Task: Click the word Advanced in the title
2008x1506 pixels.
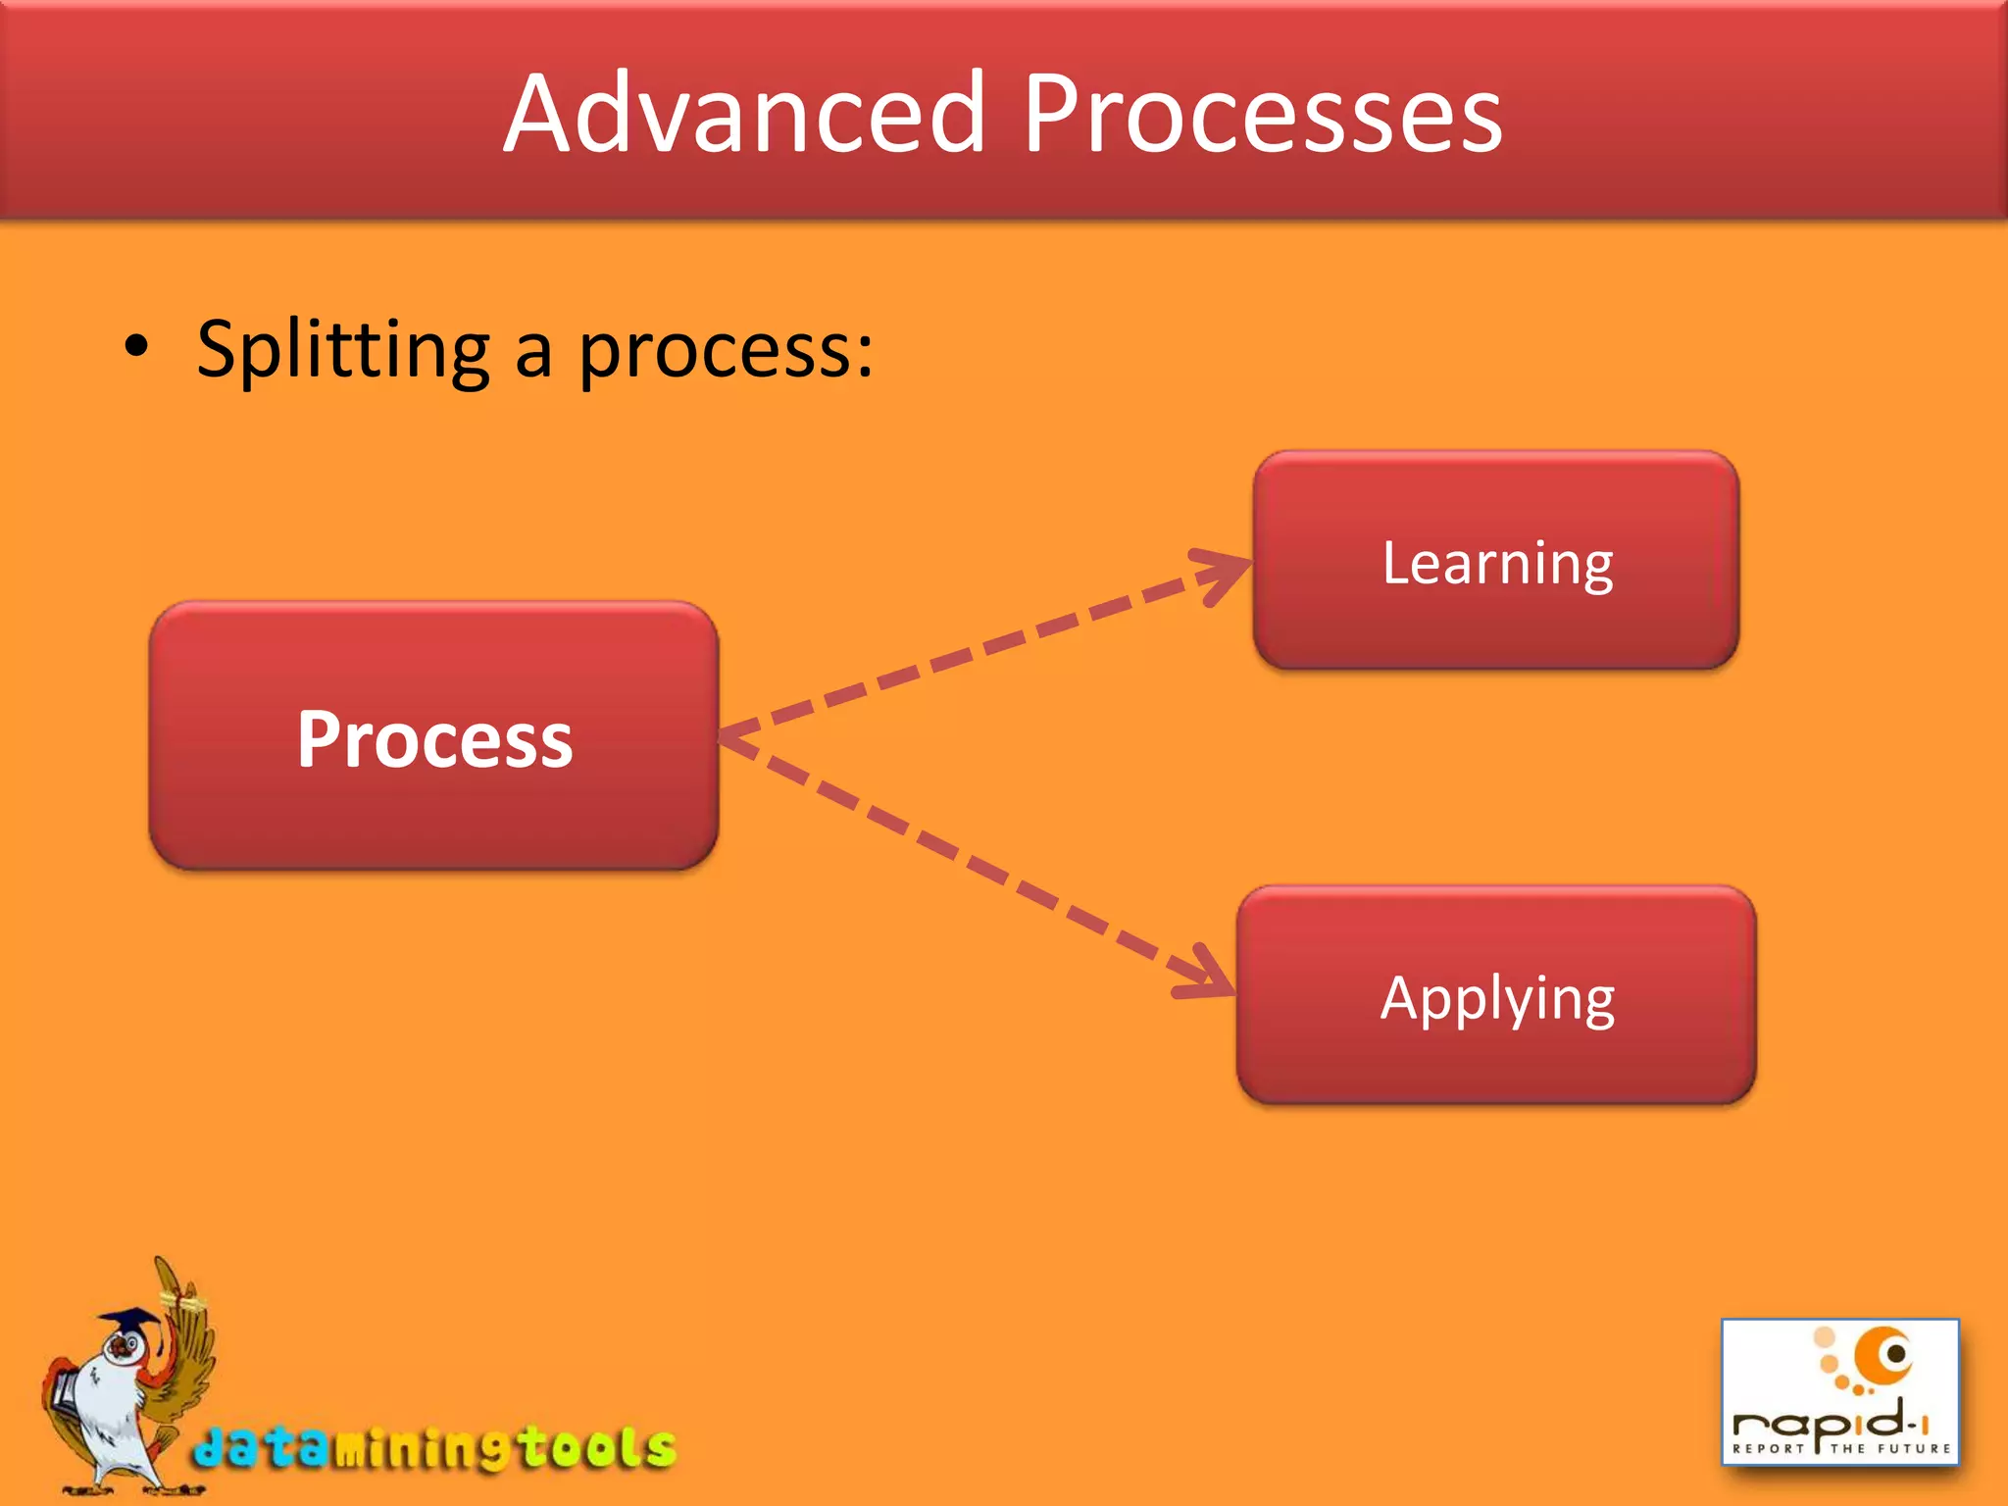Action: tap(743, 115)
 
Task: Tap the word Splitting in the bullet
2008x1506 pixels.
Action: tap(342, 350)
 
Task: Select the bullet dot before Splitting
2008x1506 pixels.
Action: tap(136, 347)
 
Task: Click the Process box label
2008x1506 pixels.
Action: tap(434, 739)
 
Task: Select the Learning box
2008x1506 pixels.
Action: tap(1496, 562)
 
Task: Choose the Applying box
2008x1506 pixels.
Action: tap(1496, 997)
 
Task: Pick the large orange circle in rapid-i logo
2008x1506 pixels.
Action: tap(1882, 1357)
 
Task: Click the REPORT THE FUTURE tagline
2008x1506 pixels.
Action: tap(1841, 1448)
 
